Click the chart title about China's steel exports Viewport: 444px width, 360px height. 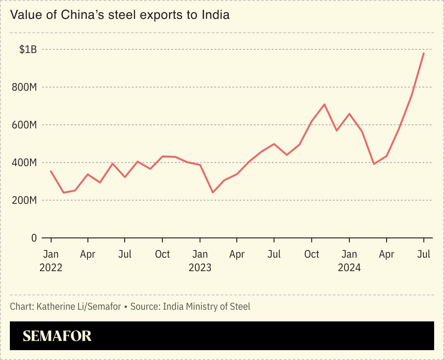pos(120,15)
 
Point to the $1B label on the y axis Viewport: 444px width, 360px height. pos(28,49)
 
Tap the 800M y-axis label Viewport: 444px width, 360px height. pos(25,87)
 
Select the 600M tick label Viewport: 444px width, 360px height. pos(25,125)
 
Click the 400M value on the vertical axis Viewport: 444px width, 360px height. pos(25,162)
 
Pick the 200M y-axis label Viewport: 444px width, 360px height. pos(25,200)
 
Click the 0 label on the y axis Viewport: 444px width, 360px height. pos(34,238)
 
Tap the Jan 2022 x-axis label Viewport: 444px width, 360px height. pos(51,260)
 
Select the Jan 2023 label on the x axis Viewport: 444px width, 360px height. pos(200,260)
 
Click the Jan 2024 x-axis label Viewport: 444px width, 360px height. pos(349,260)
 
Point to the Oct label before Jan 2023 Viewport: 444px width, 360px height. pos(162,254)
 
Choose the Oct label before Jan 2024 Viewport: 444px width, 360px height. pos(312,254)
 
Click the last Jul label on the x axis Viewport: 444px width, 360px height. pos(423,254)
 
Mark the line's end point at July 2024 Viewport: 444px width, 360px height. pos(424,53)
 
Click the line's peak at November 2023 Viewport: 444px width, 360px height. pos(324,104)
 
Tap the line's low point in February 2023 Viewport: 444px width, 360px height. pos(213,193)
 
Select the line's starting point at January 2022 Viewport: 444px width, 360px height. pos(51,171)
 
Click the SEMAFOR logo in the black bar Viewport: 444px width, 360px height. pos(57,336)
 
